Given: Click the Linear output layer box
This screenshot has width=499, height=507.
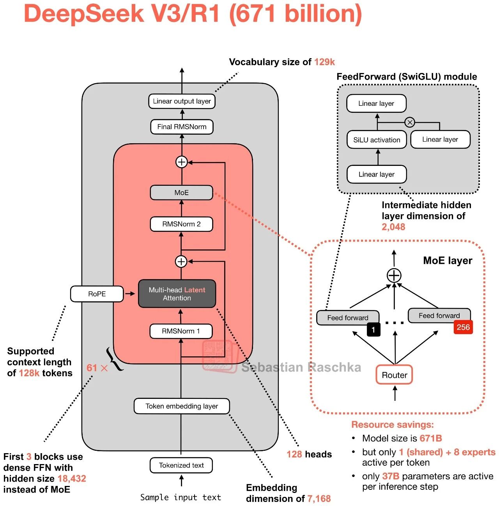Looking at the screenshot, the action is [182, 101].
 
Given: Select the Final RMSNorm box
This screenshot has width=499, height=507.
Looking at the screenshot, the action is [182, 127].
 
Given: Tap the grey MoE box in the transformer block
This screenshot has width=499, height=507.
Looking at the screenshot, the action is [181, 192].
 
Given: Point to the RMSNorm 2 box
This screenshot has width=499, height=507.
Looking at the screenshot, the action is [181, 224].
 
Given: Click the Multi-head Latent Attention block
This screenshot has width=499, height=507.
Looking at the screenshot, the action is [177, 294].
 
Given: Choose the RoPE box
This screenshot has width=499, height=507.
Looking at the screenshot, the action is [97, 294].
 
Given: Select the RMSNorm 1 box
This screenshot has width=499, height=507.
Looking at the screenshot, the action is [181, 331].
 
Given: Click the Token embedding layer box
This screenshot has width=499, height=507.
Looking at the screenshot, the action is [182, 406].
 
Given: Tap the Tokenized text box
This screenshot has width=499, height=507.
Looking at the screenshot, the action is [181, 465].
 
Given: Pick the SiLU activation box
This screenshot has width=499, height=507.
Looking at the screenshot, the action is [377, 140].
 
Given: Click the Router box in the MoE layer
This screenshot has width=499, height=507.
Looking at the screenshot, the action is [395, 375].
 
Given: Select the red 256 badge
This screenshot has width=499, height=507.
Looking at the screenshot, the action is [463, 327].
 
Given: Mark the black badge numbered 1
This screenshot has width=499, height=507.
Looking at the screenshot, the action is [373, 329].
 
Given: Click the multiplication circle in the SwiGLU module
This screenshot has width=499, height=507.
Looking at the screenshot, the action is [410, 122].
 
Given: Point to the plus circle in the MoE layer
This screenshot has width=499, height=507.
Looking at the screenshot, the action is [394, 276].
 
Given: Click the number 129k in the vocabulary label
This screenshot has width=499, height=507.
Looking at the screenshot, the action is [324, 62].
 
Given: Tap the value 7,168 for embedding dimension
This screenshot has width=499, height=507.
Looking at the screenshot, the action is [319, 498].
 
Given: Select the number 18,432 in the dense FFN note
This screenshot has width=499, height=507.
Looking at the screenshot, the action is [72, 479].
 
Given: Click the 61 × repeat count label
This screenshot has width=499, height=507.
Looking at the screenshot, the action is [97, 368].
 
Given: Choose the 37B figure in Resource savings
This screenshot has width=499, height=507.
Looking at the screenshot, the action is [391, 476].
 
